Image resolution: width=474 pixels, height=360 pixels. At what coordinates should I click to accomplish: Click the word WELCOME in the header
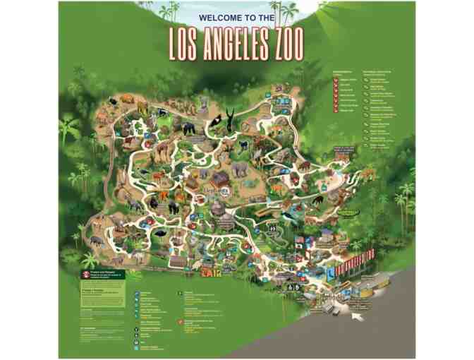(220, 16)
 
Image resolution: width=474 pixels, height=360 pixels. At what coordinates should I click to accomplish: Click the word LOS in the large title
(187, 44)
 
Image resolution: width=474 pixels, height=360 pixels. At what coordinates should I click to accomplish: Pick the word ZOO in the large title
(288, 44)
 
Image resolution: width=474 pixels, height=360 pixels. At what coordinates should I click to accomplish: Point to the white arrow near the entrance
(358, 316)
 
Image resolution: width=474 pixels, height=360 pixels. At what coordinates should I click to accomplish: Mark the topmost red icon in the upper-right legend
(336, 80)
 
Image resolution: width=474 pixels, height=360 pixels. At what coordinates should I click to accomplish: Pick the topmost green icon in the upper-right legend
(366, 80)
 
